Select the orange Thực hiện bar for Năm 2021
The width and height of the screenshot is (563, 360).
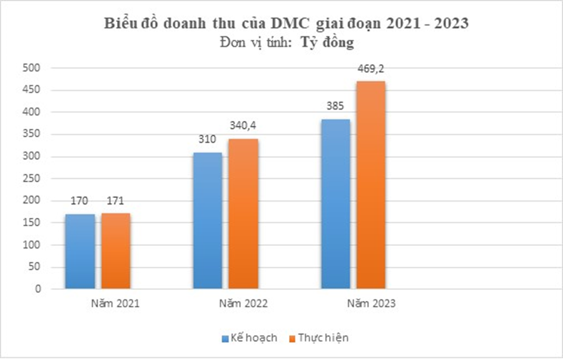[115, 251]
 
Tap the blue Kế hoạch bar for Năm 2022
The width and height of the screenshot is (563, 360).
[208, 220]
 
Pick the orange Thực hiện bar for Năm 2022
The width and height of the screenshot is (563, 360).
[243, 213]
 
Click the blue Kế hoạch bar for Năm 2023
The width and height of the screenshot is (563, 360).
[335, 204]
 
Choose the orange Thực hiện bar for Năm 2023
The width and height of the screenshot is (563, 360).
[370, 185]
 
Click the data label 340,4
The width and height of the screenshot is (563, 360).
[243, 126]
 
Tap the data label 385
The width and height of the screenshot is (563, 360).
[335, 106]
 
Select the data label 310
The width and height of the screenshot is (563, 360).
[208, 140]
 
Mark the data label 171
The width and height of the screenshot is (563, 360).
[115, 201]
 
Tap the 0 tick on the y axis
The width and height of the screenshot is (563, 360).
[38, 289]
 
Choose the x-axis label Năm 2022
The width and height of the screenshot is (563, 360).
[243, 304]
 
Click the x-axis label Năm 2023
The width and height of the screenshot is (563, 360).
[372, 304]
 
